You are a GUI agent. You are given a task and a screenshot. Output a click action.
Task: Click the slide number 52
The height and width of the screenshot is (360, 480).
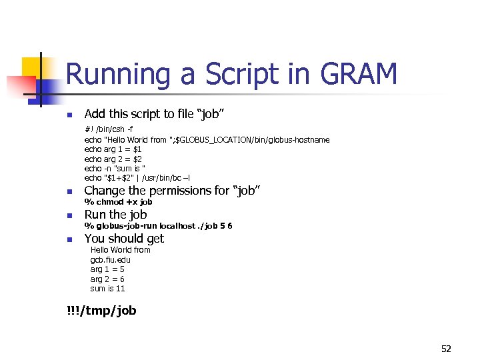click(x=446, y=348)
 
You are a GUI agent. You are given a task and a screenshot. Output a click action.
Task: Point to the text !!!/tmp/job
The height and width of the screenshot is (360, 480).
click(x=101, y=310)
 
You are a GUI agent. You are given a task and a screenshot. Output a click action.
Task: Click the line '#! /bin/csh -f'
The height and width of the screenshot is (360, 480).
click(x=109, y=129)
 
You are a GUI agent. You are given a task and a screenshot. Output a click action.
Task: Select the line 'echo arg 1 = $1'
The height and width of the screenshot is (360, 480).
click(x=113, y=149)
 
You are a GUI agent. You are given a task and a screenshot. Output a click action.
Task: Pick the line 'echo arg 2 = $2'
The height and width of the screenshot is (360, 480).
click(x=113, y=159)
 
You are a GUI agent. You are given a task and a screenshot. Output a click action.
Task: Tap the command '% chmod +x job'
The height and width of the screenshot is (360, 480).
click(x=118, y=201)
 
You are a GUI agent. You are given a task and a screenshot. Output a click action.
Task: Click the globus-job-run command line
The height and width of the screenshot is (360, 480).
click(x=158, y=225)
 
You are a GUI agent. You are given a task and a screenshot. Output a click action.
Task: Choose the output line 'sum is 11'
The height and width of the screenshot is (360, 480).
click(x=107, y=289)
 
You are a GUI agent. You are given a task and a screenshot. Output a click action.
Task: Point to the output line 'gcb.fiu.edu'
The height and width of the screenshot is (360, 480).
click(x=110, y=259)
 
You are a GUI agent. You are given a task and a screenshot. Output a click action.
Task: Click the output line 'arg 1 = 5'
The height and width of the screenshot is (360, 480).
click(x=107, y=269)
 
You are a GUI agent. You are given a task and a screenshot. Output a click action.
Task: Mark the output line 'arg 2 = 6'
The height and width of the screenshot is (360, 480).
click(x=107, y=279)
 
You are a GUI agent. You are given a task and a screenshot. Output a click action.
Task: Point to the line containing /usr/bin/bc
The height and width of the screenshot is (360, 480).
click(x=137, y=178)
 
